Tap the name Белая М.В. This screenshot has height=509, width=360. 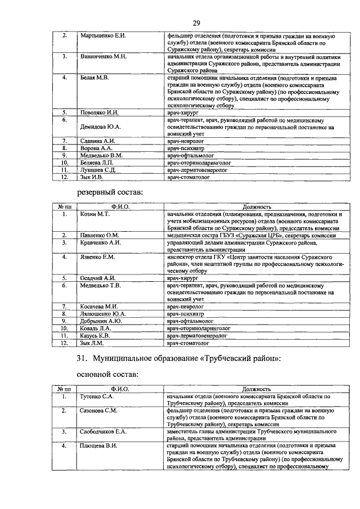point(94,78)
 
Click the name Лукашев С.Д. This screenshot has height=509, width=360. point(98,169)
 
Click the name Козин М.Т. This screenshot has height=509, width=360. point(93,214)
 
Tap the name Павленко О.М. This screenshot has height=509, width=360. point(100,235)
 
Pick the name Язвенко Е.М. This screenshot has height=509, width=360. point(97,257)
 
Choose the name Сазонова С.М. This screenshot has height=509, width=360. point(98,411)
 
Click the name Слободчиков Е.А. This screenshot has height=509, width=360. point(103,432)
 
